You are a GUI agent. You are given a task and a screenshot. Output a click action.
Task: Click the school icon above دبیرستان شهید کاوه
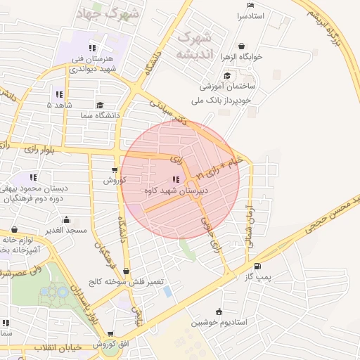click(x=175, y=179)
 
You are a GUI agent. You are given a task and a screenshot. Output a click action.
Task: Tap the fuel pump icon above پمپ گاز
click(x=257, y=266)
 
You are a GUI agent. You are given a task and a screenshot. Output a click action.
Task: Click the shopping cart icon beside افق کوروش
click(x=110, y=335)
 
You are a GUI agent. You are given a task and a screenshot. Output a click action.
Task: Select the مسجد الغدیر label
click(x=62, y=230)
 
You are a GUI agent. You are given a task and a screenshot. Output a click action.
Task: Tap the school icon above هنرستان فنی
click(x=91, y=48)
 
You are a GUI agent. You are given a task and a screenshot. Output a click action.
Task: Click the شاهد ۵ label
click(x=59, y=105)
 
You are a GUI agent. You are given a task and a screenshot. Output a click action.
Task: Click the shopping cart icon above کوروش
click(x=115, y=169)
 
